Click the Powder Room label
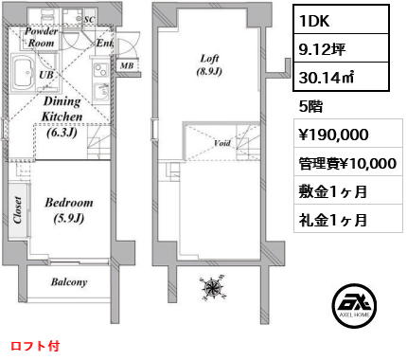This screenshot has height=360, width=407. pos(42,37)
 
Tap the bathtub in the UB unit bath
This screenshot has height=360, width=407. pos(23,73)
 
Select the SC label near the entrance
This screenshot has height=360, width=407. pos(89,19)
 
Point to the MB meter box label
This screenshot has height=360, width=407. pos(127,65)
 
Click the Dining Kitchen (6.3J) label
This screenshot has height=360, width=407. pos(62,117)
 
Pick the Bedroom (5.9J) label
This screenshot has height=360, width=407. pos(69,210)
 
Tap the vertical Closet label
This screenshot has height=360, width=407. pos(18,210)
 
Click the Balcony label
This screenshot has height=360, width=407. pos(69,282)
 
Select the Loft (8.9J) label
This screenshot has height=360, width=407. pos(209,65)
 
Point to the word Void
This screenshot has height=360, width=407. pos(222,143)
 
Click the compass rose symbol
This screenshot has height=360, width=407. pos(214,287)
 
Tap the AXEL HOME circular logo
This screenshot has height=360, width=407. pos(354,305)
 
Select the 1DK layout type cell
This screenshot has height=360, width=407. pos(341,20)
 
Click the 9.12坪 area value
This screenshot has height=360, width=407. pos(322,49)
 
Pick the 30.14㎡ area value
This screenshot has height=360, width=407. pos(327,77)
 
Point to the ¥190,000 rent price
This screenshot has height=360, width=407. pos(333,135)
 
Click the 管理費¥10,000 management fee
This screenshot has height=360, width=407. pos(347,163)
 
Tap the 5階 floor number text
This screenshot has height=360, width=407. pos(310,106)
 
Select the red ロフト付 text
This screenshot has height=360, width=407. pos(35,346)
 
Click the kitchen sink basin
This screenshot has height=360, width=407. pos(101,91)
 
